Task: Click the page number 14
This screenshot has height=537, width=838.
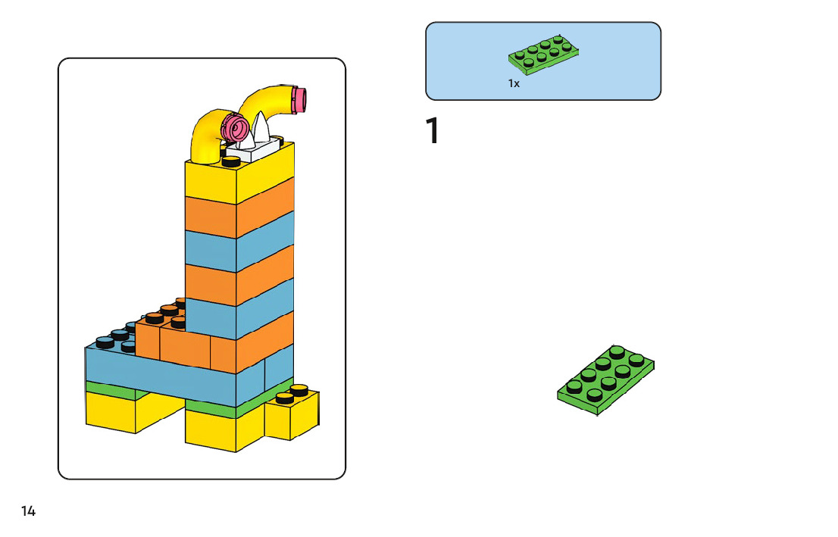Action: coord(28,511)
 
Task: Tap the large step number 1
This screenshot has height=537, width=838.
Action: coord(433,131)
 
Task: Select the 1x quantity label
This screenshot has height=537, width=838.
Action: coord(514,84)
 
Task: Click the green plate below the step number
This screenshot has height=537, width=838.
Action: coord(605,381)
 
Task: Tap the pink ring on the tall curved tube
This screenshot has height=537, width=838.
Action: coord(301,99)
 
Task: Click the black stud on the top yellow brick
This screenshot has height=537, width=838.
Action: coord(231,161)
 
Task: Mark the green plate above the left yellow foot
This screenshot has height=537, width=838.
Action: coord(114,389)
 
